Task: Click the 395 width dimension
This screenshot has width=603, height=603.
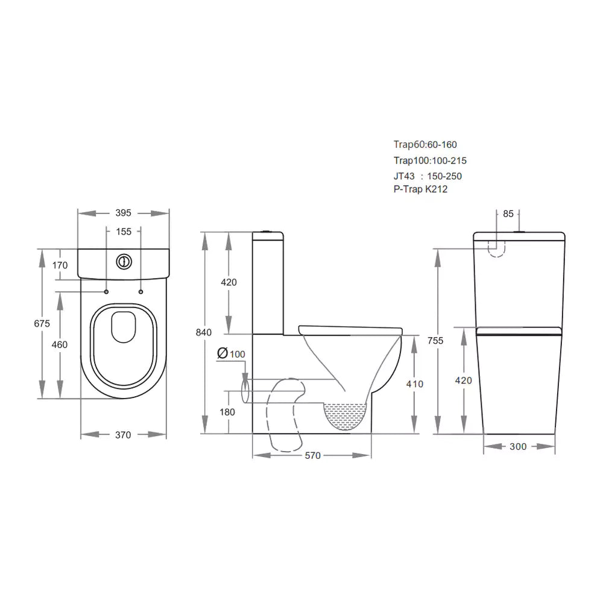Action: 123,213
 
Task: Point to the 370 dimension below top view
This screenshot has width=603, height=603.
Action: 123,435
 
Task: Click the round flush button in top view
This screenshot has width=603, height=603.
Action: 123,262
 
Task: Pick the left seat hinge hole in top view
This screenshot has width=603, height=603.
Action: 107,292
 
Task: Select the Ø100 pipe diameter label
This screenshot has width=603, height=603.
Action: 230,353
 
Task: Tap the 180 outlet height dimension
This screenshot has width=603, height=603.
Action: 228,412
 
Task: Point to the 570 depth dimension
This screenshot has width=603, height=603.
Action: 312,456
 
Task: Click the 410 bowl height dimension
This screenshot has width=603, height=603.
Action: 415,384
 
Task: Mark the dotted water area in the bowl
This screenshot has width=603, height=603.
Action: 346,417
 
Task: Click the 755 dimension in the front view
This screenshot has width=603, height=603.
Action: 435,341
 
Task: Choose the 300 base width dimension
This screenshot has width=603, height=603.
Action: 518,446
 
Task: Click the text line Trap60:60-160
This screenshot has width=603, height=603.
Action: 425,145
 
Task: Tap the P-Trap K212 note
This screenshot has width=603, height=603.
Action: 420,189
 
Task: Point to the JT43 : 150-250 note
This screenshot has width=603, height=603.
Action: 428,176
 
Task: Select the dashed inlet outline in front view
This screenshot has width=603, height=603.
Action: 496,248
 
